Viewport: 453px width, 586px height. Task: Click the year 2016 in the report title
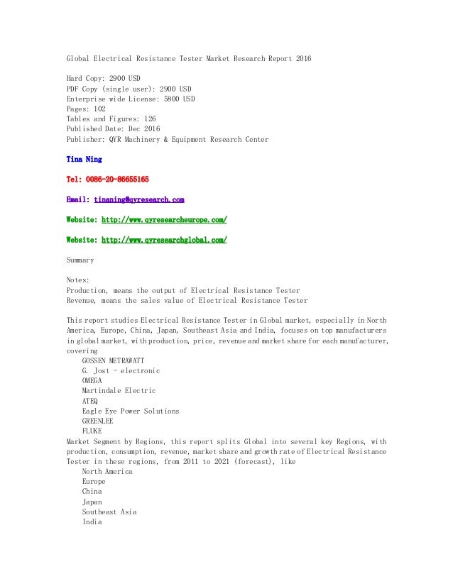tap(302, 58)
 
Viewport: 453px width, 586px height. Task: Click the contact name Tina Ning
tap(83, 160)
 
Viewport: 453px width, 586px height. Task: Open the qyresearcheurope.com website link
tap(164, 220)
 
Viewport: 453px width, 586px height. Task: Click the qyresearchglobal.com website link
tap(164, 240)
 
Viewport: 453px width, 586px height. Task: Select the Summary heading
tap(80, 260)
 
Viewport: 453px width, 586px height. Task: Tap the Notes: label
tap(78, 280)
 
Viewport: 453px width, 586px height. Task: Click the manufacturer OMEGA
tap(92, 381)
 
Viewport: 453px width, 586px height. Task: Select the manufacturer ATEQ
tap(90, 401)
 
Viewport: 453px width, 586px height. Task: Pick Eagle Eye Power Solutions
tap(131, 411)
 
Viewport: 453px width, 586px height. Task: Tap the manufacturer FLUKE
tap(92, 431)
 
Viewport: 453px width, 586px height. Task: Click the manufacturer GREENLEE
tap(97, 421)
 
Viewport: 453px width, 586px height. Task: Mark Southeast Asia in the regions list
tap(109, 512)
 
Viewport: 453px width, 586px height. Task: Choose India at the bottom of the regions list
tap(92, 521)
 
